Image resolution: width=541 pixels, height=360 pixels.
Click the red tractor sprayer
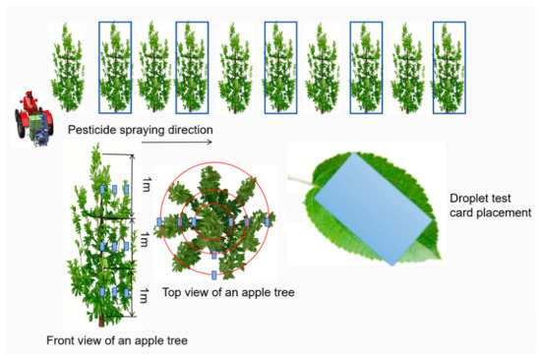33,118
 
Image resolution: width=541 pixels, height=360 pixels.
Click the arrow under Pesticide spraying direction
177,142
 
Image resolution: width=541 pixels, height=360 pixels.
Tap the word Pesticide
91,130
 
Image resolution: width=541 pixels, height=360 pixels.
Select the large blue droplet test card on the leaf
374,209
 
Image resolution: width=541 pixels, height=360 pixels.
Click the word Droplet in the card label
470,199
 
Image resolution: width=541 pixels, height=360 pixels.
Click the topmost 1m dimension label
147,184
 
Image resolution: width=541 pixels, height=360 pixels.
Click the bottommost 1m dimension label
144,296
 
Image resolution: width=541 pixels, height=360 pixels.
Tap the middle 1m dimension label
144,239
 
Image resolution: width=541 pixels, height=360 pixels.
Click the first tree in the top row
67,68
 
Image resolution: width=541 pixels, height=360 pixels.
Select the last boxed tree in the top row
450,68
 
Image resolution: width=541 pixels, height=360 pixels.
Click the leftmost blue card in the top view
159,222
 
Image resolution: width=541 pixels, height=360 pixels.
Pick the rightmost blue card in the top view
267,222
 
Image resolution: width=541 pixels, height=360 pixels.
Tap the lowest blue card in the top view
214,275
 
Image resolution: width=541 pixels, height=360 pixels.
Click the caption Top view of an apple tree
228,292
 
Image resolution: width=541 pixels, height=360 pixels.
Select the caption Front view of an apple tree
117,340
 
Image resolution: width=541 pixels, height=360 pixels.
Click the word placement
509,213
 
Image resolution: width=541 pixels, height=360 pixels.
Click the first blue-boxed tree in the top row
115,68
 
